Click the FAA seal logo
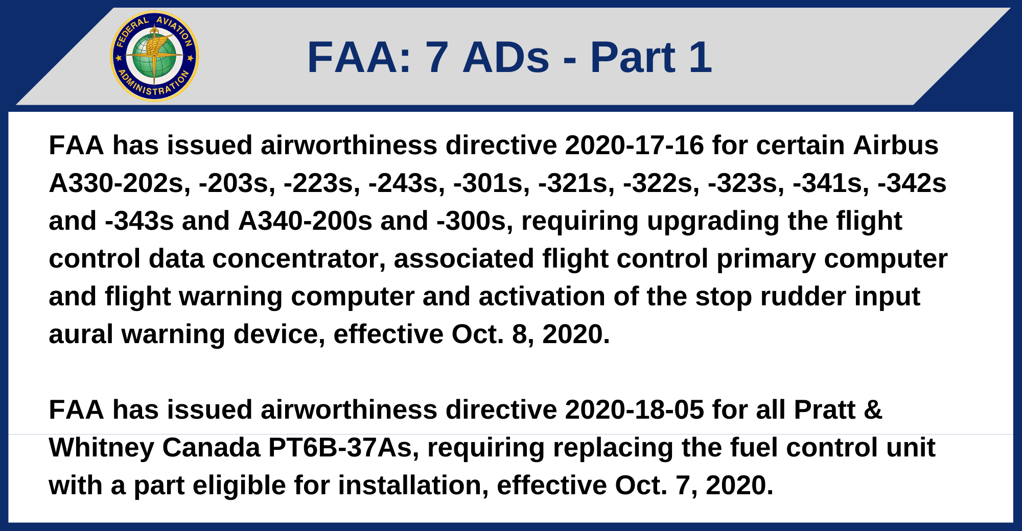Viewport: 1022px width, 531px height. point(154,56)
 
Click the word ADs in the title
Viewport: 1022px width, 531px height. point(506,57)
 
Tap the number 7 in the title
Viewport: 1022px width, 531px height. point(437,57)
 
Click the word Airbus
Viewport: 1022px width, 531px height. point(895,145)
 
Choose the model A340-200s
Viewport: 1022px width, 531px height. point(305,221)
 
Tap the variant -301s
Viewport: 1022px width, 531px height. point(492,183)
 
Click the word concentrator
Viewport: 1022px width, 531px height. point(298,258)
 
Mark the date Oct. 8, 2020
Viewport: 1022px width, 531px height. point(530,334)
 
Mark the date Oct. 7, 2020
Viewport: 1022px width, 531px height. point(694,485)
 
